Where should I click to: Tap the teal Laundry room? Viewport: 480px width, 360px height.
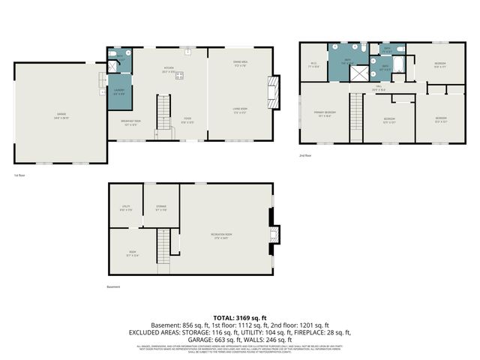click(x=119, y=91)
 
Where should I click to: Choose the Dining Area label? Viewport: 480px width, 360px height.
click(x=240, y=64)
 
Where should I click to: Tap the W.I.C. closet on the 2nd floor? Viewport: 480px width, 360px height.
click(x=314, y=65)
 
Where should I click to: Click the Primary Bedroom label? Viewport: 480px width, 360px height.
click(x=325, y=114)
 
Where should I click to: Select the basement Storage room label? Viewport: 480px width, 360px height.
click(x=161, y=208)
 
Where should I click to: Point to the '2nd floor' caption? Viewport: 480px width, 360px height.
click(x=305, y=154)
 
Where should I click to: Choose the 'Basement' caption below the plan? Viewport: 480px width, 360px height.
click(x=114, y=286)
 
